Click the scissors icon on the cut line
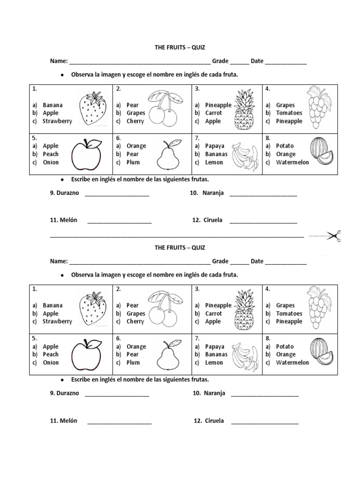(x=332, y=236)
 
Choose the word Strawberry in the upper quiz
(x=57, y=121)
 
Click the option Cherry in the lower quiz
(x=135, y=322)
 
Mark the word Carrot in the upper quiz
(x=214, y=113)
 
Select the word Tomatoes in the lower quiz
(x=289, y=314)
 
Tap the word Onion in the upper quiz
(x=51, y=162)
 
